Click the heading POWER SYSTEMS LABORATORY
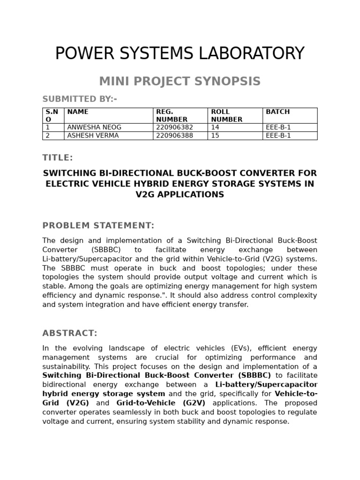(180, 53)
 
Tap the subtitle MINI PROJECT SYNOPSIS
(180, 81)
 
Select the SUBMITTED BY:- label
(79, 99)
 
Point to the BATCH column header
(277, 112)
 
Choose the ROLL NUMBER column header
(227, 115)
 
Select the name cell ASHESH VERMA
(93, 135)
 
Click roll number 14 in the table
(215, 127)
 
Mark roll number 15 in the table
(215, 135)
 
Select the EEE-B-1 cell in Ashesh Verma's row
(278, 135)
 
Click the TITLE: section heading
(58, 157)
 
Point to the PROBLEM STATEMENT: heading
(98, 225)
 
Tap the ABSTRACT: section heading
(70, 333)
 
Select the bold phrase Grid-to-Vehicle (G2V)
(161, 403)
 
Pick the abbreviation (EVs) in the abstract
(242, 348)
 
